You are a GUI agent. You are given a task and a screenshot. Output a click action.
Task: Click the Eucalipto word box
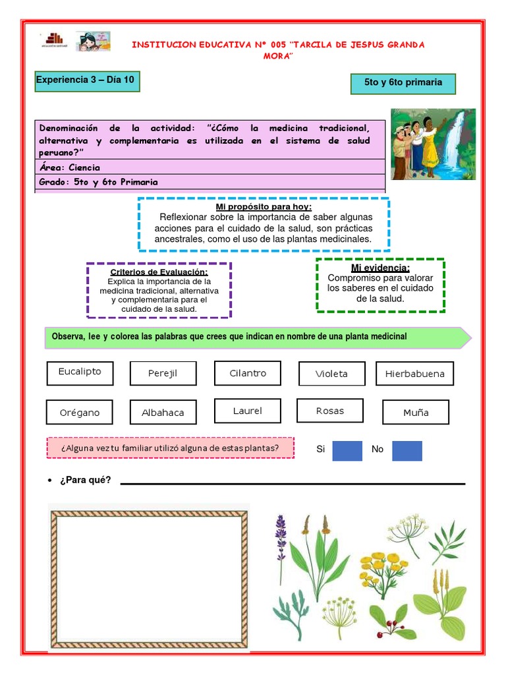tap(80, 372)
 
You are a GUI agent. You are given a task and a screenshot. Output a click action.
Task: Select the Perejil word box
tap(162, 374)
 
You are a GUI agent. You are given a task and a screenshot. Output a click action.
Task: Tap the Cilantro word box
tap(248, 373)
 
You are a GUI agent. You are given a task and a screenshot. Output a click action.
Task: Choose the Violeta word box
tap(331, 374)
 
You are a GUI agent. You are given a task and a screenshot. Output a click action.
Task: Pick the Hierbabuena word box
tap(414, 374)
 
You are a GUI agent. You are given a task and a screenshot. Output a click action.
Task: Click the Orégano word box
tap(79, 413)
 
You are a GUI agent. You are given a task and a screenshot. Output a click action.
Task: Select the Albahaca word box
tap(163, 413)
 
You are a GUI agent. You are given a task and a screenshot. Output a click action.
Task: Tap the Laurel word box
tap(248, 411)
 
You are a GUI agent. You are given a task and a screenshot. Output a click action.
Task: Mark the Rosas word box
tap(330, 411)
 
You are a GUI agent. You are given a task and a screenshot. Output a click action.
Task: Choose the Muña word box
tap(416, 413)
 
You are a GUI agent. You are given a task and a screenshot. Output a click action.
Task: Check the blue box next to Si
tap(347, 450)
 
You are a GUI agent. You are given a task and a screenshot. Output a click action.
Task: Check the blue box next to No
tap(407, 450)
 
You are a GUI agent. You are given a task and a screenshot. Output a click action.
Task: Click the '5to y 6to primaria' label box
tap(403, 83)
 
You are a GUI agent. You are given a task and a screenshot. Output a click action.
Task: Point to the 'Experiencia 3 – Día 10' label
tap(87, 81)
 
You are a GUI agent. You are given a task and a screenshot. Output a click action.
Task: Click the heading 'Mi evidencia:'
tap(380, 268)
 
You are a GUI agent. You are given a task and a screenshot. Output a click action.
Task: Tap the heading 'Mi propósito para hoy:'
tap(264, 208)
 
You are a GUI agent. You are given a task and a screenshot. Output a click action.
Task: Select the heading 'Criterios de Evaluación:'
tap(159, 272)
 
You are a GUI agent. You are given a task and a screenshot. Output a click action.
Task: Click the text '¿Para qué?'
tap(85, 480)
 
